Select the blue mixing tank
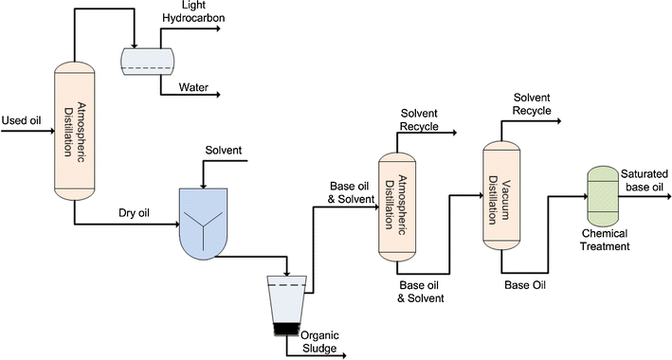coord(211,221)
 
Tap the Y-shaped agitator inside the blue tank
coord(211,220)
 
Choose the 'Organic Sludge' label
coord(319,339)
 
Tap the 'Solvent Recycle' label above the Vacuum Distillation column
coord(533,105)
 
